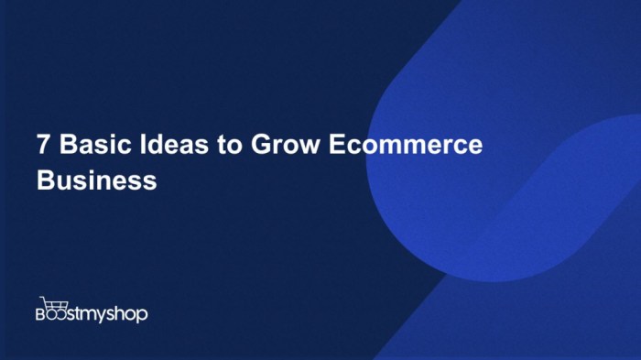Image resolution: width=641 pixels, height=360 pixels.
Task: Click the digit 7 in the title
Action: point(43,147)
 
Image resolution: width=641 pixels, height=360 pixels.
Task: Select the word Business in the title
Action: point(97,180)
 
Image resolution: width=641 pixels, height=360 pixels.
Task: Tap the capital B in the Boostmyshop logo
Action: point(42,314)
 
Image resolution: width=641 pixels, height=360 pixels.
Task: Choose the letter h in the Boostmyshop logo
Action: point(123,313)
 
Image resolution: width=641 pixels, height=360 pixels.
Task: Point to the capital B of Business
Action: point(46,180)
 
